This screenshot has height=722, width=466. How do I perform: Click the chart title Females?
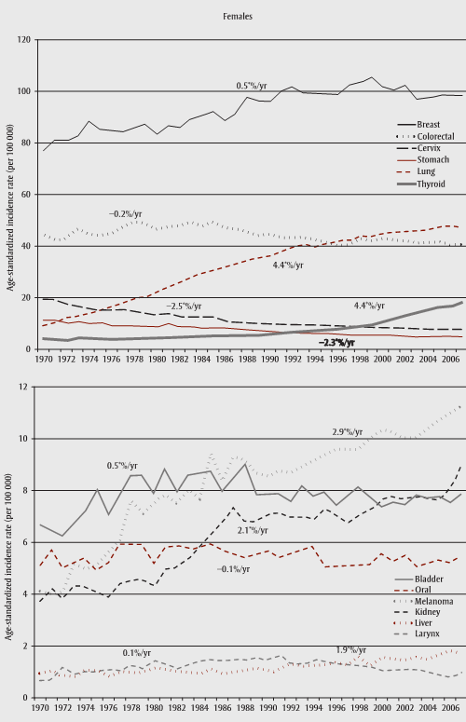click(x=233, y=17)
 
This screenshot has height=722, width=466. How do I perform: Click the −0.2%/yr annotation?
click(x=125, y=213)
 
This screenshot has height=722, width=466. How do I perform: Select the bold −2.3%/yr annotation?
click(x=337, y=342)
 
